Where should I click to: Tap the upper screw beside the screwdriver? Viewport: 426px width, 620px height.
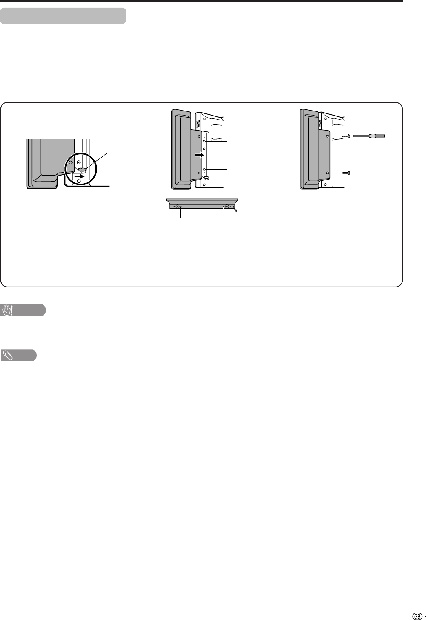[x=346, y=136]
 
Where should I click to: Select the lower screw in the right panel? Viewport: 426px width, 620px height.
[x=346, y=173]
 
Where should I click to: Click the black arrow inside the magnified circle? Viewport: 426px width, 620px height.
[x=80, y=176]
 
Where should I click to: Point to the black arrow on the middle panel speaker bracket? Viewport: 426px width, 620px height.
[x=200, y=155]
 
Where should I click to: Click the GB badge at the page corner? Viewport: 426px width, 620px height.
[x=417, y=614]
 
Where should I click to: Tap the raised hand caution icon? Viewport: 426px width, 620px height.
[x=7, y=310]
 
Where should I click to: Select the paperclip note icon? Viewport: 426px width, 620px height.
[x=7, y=356]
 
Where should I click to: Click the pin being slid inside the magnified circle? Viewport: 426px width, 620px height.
[x=82, y=170]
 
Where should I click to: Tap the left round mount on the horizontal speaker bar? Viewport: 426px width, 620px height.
[x=178, y=207]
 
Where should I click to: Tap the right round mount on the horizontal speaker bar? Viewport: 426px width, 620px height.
[x=227, y=207]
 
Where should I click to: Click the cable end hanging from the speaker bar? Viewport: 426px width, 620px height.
[x=235, y=211]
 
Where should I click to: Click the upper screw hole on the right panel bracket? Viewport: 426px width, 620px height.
[x=328, y=136]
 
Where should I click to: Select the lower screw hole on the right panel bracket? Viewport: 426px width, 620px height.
[x=328, y=173]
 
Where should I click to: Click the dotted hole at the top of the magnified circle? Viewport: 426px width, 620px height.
[x=79, y=162]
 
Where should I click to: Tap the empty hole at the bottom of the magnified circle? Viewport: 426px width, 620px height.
[x=79, y=181]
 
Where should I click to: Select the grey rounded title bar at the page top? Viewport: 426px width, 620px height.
[x=63, y=16]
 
